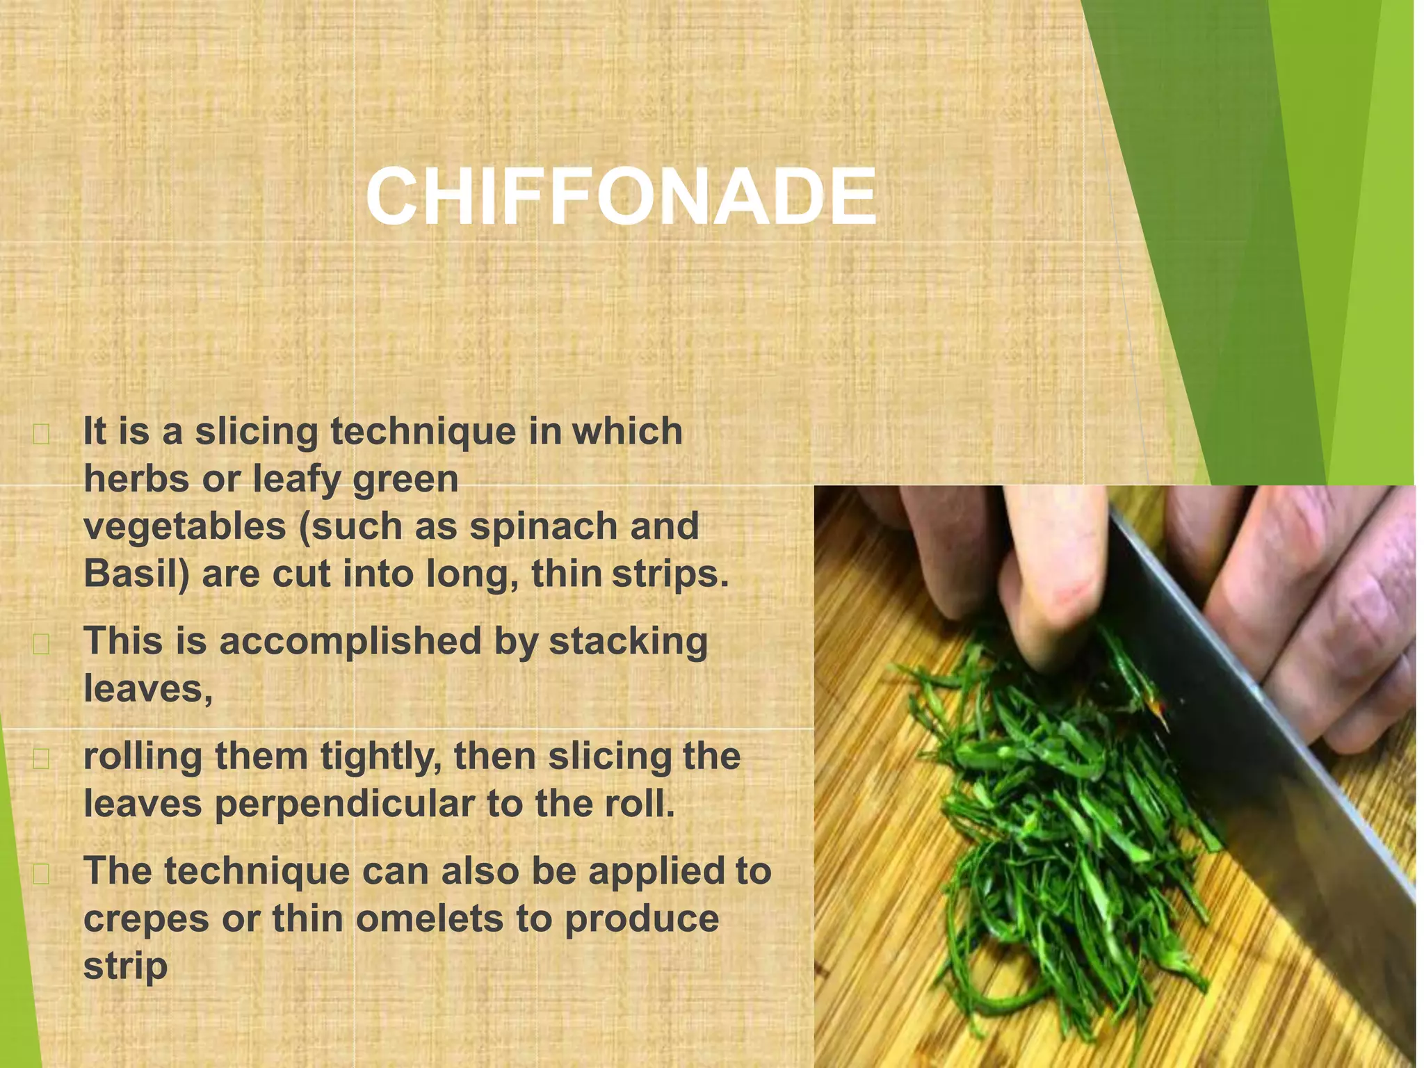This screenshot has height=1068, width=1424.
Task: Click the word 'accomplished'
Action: tap(350, 641)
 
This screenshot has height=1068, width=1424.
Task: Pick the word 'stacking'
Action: tap(628, 641)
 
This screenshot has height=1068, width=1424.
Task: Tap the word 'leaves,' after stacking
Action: tap(147, 688)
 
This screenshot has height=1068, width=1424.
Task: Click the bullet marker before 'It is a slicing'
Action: tap(41, 434)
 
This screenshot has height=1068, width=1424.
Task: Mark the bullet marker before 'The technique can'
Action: tap(41, 873)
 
